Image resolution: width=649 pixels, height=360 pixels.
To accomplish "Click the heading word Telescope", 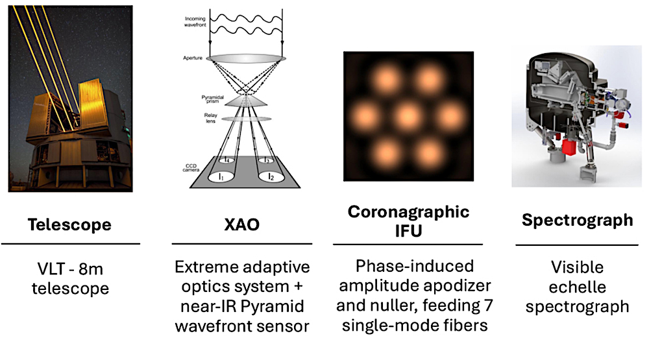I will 69,225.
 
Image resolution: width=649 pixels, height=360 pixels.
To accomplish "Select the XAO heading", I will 240,225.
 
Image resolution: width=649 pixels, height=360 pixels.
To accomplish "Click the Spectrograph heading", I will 577,220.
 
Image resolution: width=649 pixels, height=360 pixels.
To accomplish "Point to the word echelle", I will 577,287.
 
